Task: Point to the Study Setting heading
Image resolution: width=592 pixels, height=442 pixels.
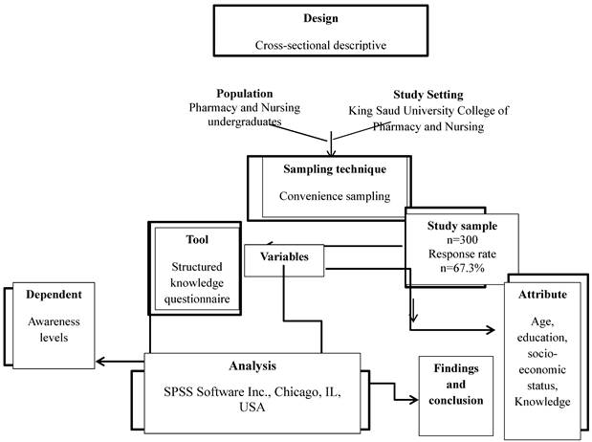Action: point(428,95)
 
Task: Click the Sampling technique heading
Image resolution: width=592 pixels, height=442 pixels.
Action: point(335,169)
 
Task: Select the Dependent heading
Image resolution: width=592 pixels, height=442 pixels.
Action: point(53,294)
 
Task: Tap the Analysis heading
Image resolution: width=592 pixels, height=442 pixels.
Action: point(252,365)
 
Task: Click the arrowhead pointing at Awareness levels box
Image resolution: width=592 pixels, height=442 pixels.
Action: point(102,362)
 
